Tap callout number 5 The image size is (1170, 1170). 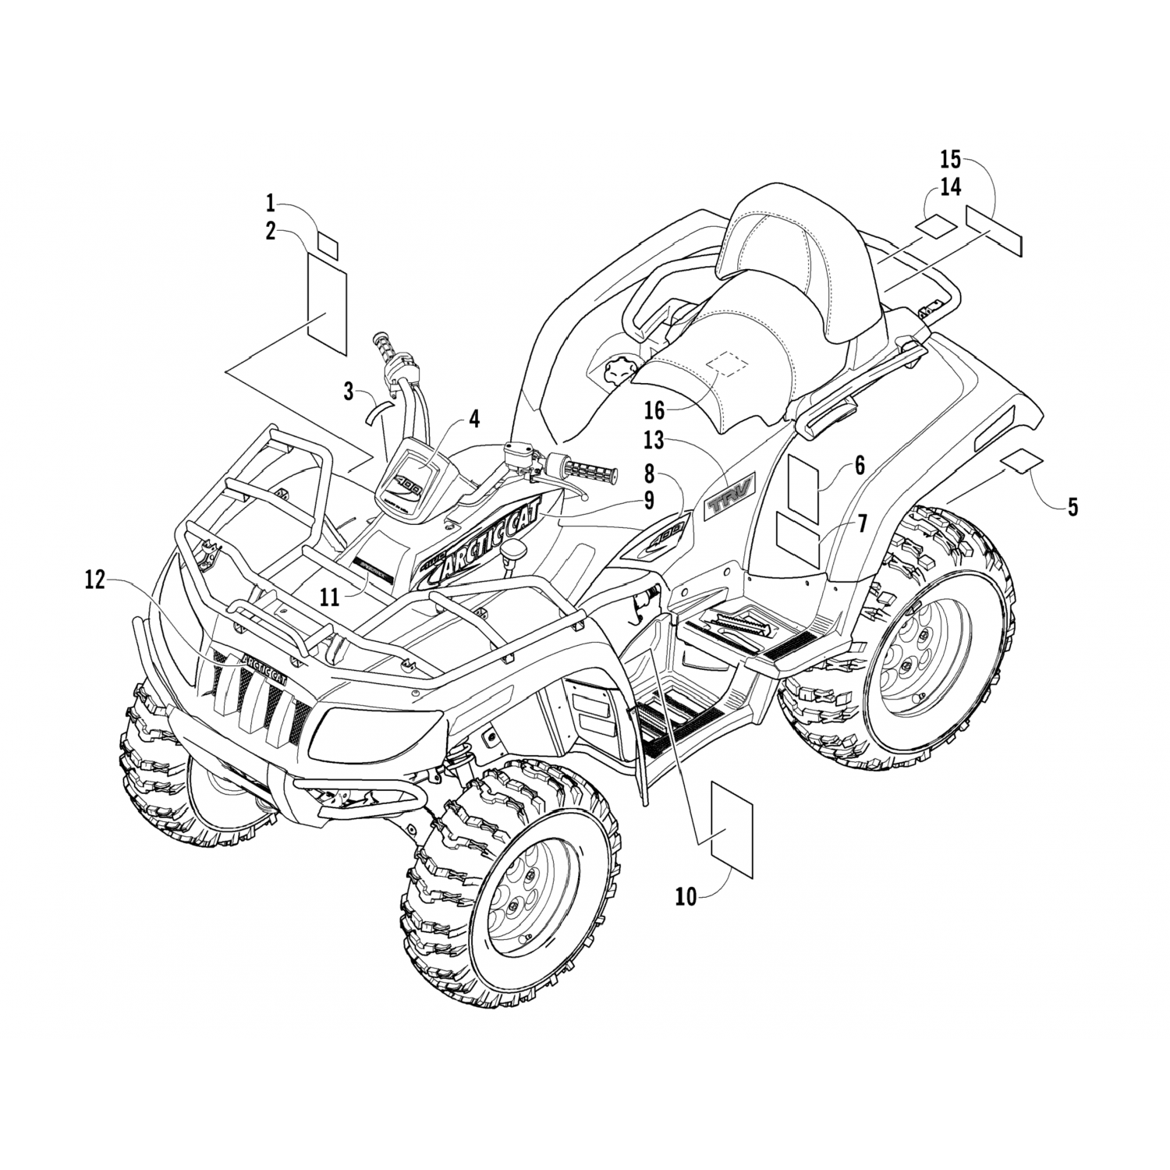point(1072,507)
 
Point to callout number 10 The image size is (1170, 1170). point(686,897)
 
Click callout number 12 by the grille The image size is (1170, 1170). point(94,581)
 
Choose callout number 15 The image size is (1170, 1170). point(949,161)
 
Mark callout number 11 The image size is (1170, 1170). point(330,597)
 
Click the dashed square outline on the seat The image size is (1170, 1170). point(725,363)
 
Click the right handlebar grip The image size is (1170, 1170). point(590,470)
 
